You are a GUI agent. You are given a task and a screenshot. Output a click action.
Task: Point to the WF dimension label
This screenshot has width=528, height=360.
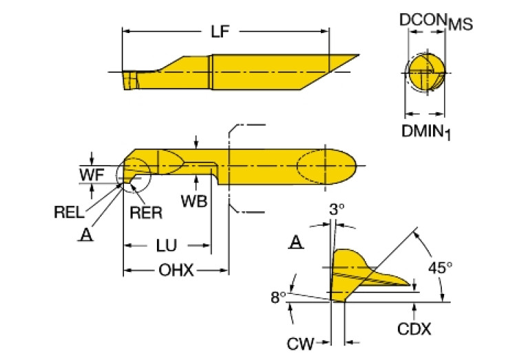(x=89, y=175)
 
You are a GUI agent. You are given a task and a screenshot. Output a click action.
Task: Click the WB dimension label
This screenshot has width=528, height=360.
(x=194, y=200)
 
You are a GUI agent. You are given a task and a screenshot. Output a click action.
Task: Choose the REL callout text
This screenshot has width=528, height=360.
(x=69, y=212)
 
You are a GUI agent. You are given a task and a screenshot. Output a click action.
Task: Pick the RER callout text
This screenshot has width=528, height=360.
(x=146, y=213)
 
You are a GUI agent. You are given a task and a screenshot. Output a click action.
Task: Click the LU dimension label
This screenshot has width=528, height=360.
(x=167, y=245)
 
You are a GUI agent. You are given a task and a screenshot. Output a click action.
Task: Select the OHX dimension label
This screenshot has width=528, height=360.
(x=176, y=271)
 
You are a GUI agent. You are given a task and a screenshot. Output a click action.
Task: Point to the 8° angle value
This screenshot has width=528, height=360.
(x=277, y=297)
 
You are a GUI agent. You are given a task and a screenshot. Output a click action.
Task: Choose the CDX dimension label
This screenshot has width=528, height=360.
(x=414, y=329)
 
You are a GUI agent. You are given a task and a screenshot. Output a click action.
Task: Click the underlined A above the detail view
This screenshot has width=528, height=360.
(x=295, y=242)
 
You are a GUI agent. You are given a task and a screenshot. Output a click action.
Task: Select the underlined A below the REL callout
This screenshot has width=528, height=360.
(x=85, y=235)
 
